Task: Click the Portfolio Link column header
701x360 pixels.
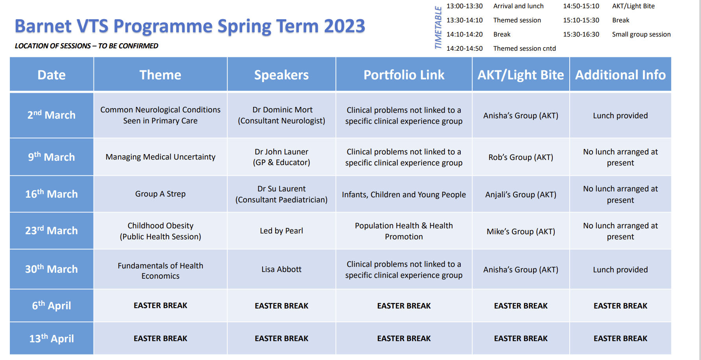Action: [x=404, y=75]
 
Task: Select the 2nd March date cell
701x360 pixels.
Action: [x=52, y=115]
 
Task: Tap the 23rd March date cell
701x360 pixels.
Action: [x=52, y=231]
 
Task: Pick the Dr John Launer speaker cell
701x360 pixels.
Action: [x=282, y=157]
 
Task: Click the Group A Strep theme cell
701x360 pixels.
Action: [x=160, y=194]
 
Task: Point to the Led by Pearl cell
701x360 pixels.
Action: [x=282, y=231]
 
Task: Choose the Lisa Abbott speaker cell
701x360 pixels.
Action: [x=282, y=269]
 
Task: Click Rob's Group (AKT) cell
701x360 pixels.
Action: [x=521, y=157]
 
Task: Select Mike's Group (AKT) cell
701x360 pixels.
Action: [x=521, y=231]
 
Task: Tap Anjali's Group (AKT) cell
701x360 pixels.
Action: [x=521, y=195]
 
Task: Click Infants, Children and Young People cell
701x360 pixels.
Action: [x=404, y=195]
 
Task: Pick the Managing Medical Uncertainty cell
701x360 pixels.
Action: [x=160, y=157]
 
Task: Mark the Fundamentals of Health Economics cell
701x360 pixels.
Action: [x=160, y=271]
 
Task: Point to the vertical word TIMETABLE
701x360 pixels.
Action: [x=438, y=28]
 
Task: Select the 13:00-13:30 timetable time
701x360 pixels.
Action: [x=464, y=6]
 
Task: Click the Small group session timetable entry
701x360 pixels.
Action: [x=641, y=35]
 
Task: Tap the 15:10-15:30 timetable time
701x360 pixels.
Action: [x=581, y=20]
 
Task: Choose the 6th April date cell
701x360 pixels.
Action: [x=52, y=306]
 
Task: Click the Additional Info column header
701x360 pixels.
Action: [x=620, y=75]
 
